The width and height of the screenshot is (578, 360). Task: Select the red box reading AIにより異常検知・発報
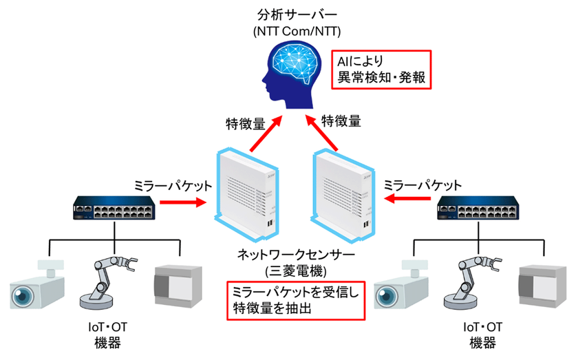pyautogui.click(x=381, y=70)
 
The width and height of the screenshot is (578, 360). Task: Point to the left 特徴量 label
pyautogui.click(x=246, y=124)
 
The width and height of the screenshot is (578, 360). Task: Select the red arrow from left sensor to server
pyautogui.click(x=264, y=133)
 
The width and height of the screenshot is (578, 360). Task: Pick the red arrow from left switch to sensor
pyautogui.click(x=182, y=202)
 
